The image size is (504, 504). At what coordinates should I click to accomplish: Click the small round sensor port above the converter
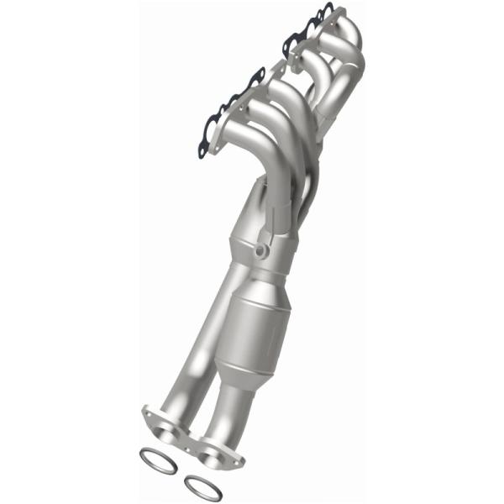tap(261, 251)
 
